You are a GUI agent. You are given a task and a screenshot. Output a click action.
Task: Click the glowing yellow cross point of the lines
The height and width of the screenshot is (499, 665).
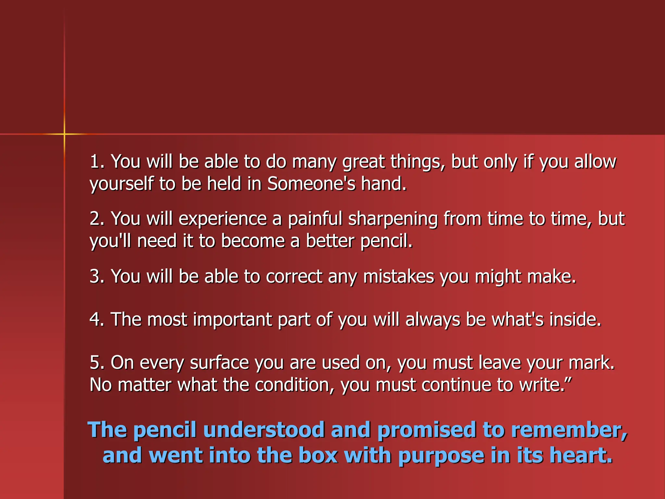[64, 134]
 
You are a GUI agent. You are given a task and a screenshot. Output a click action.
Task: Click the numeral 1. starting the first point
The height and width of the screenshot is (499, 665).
[97, 161]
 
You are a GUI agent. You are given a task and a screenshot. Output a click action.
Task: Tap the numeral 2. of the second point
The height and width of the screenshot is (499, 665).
[97, 218]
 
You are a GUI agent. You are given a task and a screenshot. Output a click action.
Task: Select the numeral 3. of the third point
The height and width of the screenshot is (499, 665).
[97, 276]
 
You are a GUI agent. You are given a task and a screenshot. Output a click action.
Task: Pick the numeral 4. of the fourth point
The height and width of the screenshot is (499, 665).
[97, 319]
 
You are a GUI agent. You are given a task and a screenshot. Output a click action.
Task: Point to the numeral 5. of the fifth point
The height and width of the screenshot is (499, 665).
[97, 363]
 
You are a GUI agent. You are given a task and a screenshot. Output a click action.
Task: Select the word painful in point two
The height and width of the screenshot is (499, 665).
[315, 218]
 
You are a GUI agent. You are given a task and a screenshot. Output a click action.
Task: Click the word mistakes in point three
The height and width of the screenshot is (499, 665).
[398, 276]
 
